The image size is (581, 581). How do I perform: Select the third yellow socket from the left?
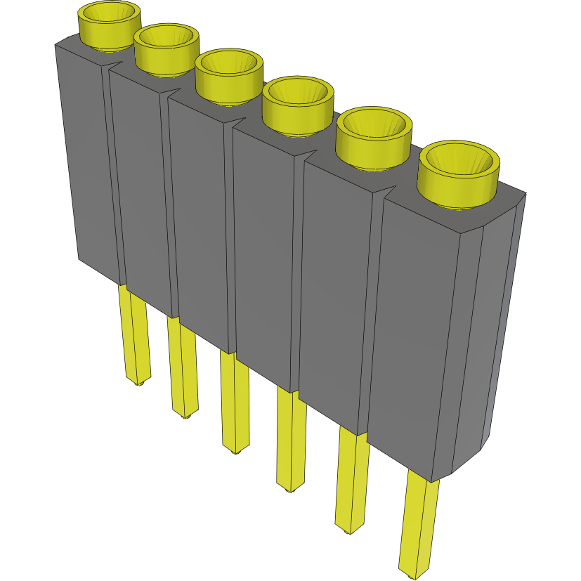(x=229, y=75)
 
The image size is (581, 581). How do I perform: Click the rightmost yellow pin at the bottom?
(x=419, y=527)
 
